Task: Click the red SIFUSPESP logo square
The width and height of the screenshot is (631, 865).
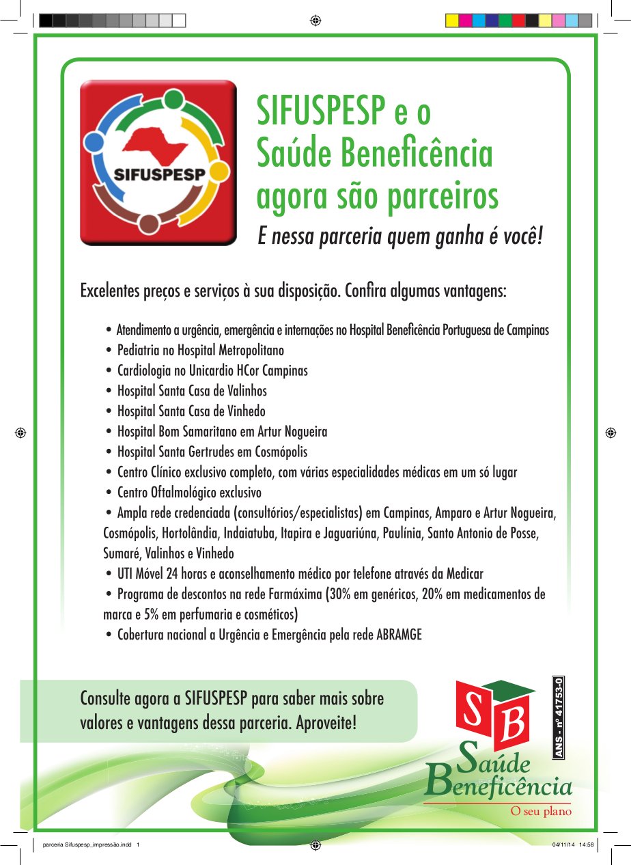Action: click(158, 162)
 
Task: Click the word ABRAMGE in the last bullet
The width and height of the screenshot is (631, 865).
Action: click(399, 635)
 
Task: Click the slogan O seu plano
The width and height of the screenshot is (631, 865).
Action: click(542, 812)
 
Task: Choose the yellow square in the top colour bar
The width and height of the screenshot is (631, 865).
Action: click(451, 20)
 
